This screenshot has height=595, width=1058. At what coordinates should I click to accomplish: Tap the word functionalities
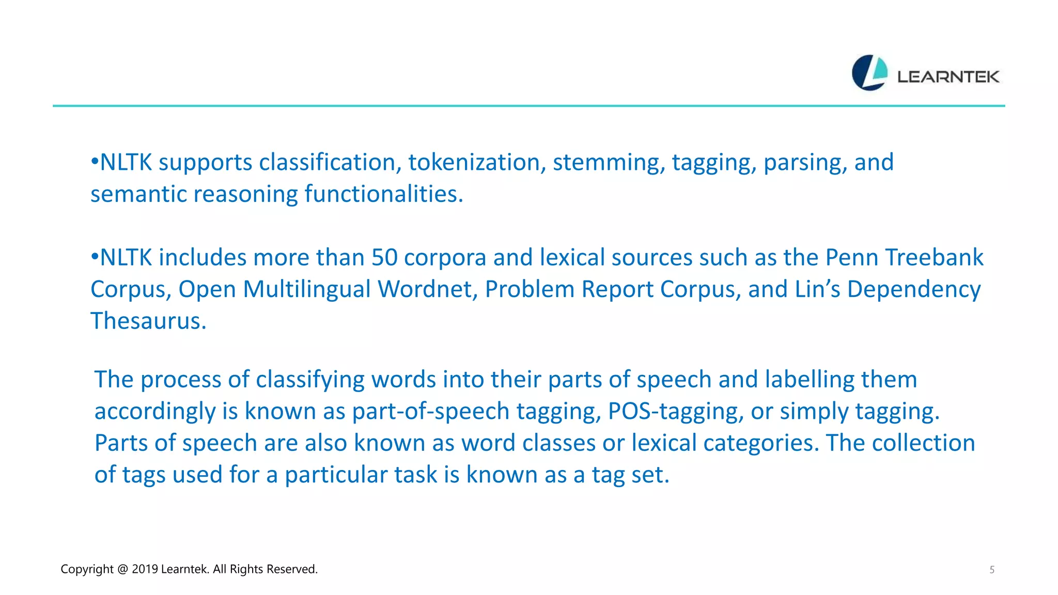pyautogui.click(x=383, y=194)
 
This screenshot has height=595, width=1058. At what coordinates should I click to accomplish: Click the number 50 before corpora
pyautogui.click(x=384, y=258)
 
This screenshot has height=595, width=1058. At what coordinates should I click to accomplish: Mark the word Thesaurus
pyautogui.click(x=148, y=321)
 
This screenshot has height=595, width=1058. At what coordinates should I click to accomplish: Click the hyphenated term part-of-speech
pyautogui.click(x=431, y=412)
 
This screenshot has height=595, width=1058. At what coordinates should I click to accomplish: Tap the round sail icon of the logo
pyautogui.click(x=869, y=73)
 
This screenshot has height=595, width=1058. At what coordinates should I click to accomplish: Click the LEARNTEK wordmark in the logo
pyautogui.click(x=948, y=77)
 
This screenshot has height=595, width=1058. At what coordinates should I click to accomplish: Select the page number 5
pyautogui.click(x=992, y=570)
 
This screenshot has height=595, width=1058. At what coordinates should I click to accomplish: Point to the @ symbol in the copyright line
pyautogui.click(x=122, y=569)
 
